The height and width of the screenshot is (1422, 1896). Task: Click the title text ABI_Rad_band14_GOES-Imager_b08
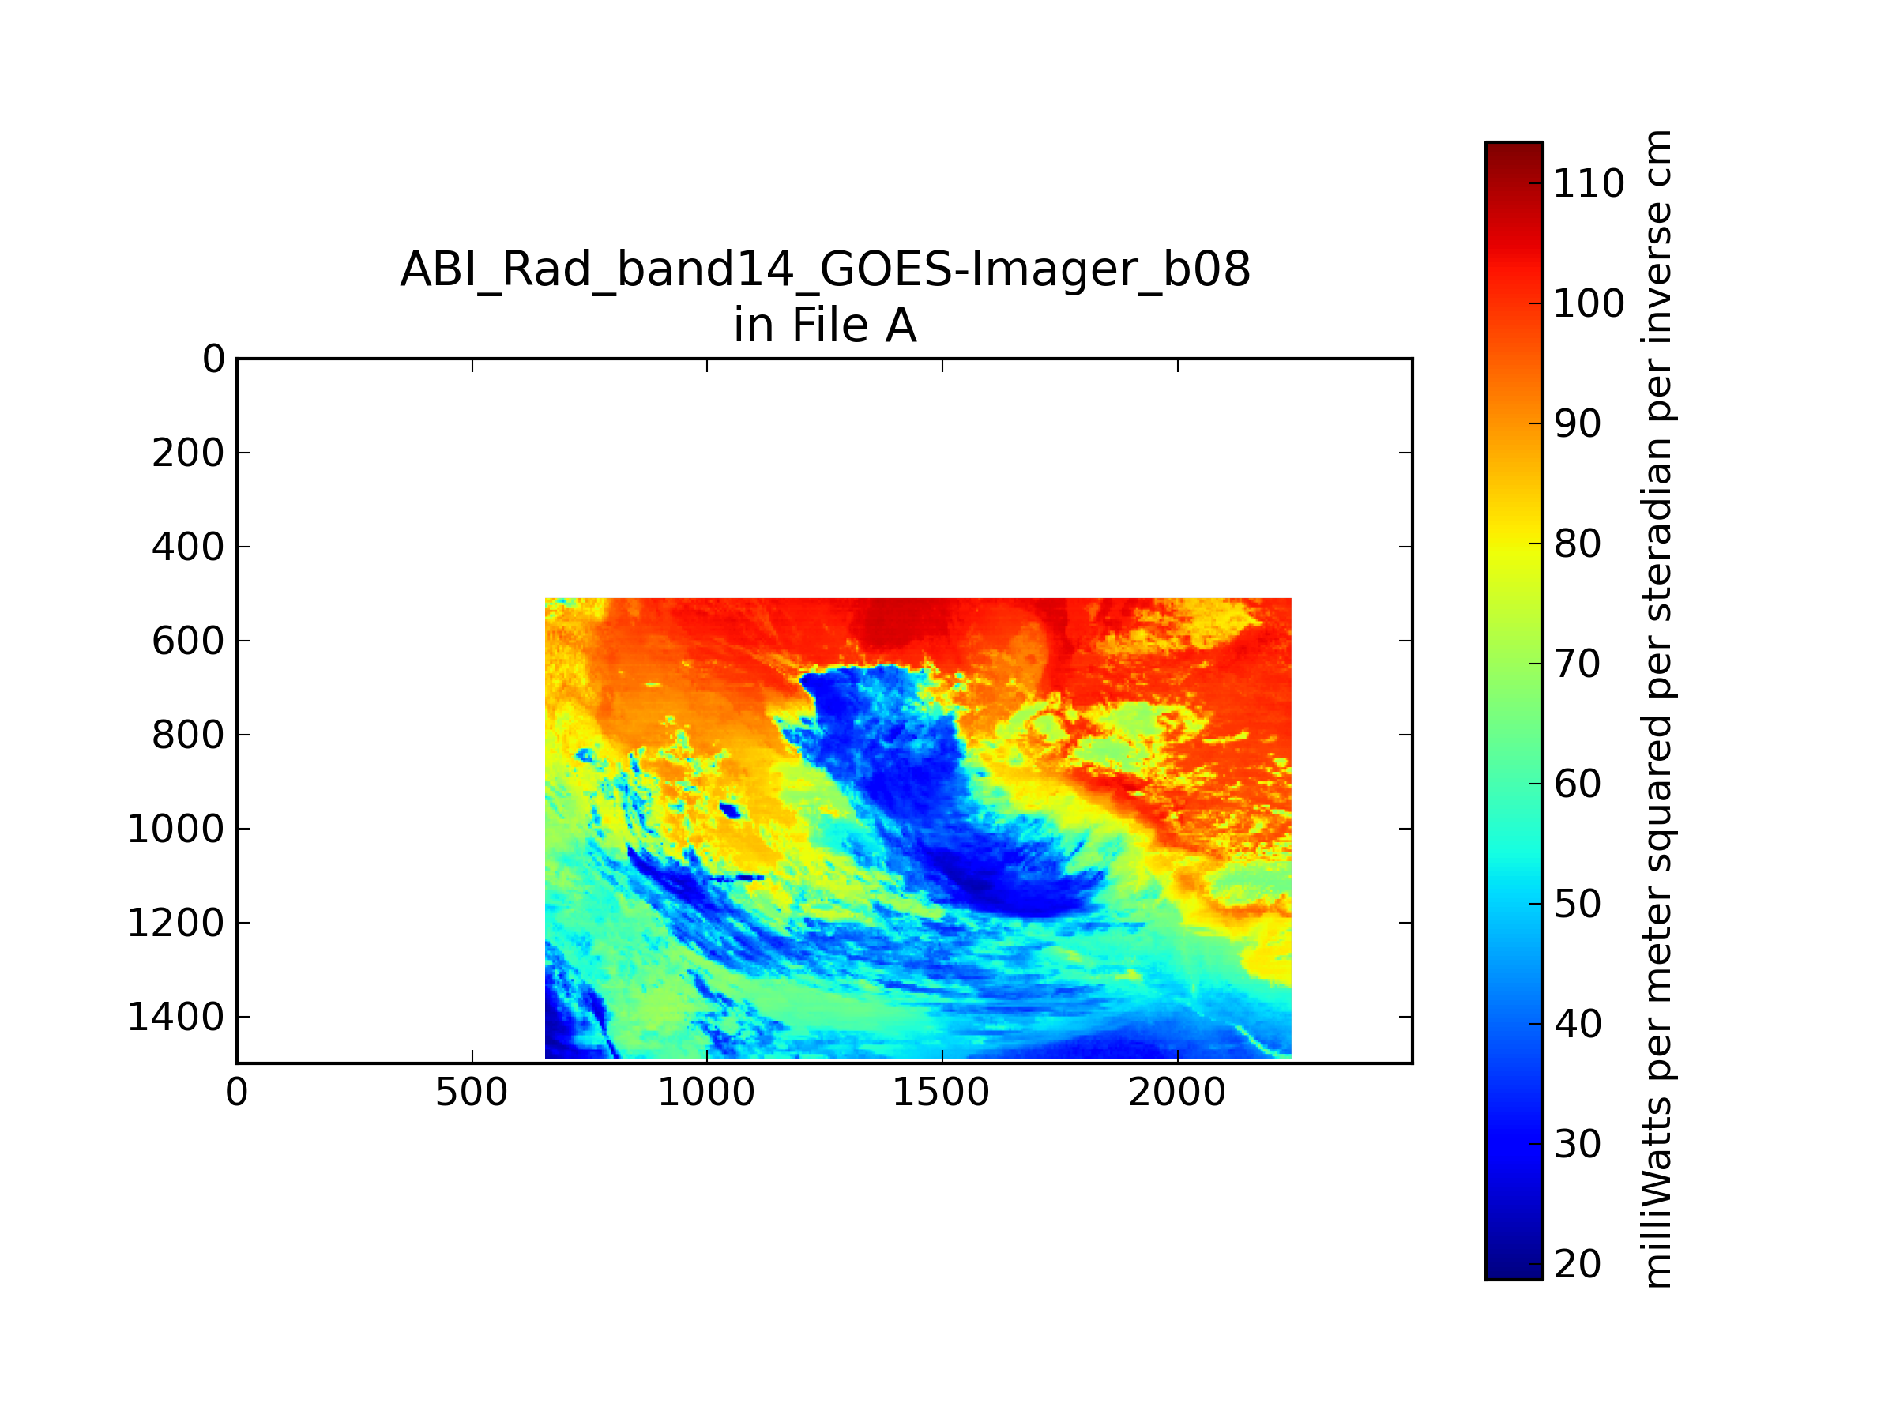[x=825, y=270]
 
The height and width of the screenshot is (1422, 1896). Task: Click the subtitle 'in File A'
[x=825, y=325]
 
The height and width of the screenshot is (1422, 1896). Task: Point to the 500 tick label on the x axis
[x=472, y=1093]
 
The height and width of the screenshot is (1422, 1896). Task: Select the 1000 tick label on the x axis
[x=706, y=1093]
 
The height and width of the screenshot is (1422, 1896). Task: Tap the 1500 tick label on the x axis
[x=942, y=1093]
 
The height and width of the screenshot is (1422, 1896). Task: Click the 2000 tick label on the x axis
[x=1177, y=1093]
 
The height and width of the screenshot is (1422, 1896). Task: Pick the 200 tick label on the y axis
[x=189, y=453]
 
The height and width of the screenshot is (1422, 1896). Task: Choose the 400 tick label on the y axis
[x=189, y=547]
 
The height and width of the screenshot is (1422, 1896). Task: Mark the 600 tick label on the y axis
[x=189, y=641]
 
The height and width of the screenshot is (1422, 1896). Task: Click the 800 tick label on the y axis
[x=189, y=735]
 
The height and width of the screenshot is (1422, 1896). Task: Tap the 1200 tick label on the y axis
[x=175, y=924]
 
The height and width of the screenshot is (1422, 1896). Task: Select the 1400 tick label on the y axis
[x=175, y=1018]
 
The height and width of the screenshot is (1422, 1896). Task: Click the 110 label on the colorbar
[x=1588, y=183]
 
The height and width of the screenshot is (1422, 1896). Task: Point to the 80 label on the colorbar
[x=1577, y=544]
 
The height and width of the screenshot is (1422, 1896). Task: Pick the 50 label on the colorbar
[x=1577, y=904]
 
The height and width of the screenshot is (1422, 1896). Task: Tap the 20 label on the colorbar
[x=1577, y=1264]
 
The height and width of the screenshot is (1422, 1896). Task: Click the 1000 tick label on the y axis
[x=175, y=829]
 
